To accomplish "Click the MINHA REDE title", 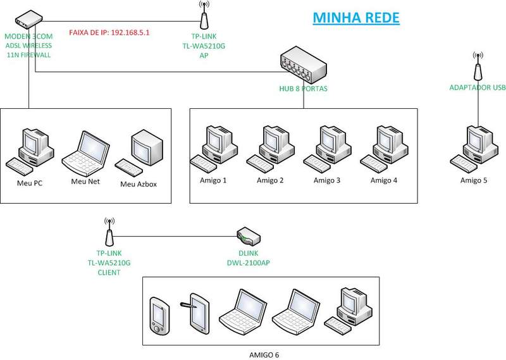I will coord(356,17).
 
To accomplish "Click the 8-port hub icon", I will coord(303,64).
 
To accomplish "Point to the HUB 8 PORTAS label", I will coord(303,89).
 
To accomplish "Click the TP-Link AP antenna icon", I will coord(204,15).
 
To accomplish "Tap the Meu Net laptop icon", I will coord(85,154).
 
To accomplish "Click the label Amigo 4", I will coord(384,180).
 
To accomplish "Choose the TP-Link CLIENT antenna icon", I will coord(109,233).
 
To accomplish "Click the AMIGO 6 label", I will coord(264,354).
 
